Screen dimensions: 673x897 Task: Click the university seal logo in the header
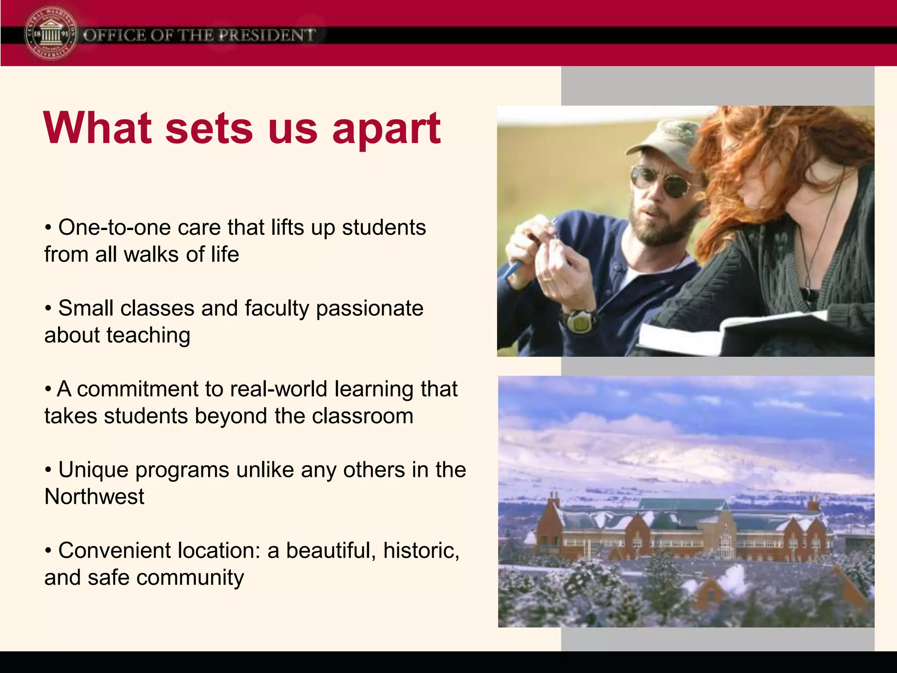pos(51,34)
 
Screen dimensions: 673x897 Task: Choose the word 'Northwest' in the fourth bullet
pos(94,497)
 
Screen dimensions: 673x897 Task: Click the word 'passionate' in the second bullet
pos(370,308)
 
